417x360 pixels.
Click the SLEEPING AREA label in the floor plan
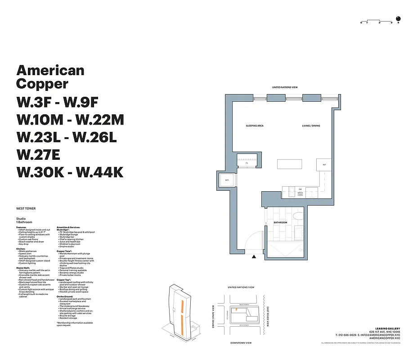[254, 126]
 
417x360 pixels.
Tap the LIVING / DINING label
[311, 126]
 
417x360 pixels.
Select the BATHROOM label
[280, 223]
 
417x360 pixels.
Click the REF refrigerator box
[324, 165]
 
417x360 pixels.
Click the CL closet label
[247, 163]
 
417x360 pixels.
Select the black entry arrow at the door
[254, 257]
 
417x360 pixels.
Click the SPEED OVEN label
[300, 194]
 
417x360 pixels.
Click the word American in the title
[50, 70]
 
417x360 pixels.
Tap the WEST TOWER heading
[26, 209]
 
